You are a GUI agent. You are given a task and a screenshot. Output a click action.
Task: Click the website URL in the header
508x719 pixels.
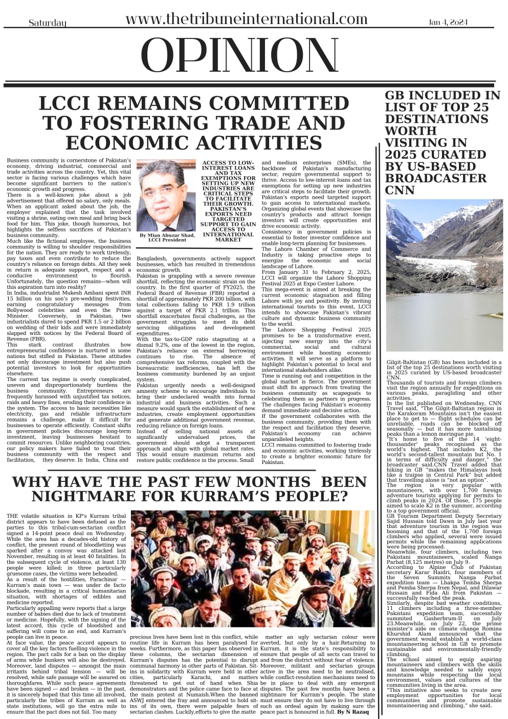pos(246,19)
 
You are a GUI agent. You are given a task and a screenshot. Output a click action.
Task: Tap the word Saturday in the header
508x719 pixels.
pos(48,23)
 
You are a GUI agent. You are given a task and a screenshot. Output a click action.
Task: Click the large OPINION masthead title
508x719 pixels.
pos(240,56)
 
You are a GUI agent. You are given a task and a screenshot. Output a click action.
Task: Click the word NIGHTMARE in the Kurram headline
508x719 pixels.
pos(76,496)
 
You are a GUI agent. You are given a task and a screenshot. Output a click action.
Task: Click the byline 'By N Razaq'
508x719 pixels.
pos(357,711)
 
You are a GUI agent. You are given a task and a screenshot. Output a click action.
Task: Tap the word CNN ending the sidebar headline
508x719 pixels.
pos(400,191)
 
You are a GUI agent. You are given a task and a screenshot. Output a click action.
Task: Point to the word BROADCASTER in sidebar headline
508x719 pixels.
pos(435,178)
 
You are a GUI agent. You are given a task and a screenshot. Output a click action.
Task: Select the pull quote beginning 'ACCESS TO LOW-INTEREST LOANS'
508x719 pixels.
pos(220,201)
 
